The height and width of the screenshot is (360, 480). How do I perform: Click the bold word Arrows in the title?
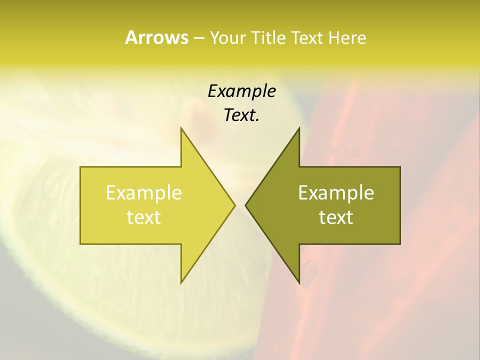(156, 37)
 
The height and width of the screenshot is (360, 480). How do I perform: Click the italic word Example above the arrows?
(241, 91)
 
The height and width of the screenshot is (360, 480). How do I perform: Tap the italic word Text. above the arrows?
(241, 115)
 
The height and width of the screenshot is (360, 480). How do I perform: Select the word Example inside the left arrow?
(143, 193)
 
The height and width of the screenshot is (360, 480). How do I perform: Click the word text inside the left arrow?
(143, 217)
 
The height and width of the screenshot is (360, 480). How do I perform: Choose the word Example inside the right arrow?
(336, 193)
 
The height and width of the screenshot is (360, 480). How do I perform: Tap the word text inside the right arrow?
(336, 217)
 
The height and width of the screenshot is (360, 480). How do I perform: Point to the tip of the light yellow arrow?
(235, 205)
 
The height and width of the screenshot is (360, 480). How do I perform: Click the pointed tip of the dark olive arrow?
(245, 205)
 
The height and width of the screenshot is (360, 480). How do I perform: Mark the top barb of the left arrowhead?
(181, 128)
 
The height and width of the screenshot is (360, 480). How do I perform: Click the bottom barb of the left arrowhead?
(181, 283)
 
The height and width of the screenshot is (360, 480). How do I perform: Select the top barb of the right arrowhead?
(299, 128)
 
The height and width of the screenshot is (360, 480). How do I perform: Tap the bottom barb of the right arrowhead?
(299, 283)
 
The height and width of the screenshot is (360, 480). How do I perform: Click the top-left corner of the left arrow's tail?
(80, 167)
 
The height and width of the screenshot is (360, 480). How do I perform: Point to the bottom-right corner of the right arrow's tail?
(400, 243)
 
